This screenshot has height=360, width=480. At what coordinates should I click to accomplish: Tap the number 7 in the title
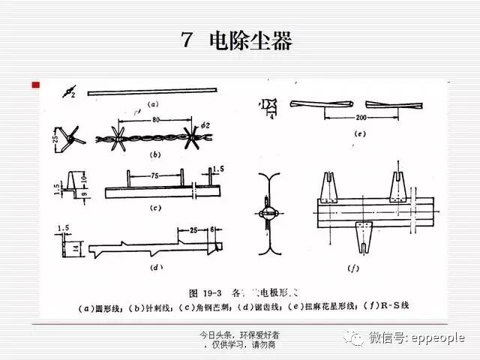tap(187, 40)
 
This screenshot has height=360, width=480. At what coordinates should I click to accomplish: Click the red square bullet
tap(34, 86)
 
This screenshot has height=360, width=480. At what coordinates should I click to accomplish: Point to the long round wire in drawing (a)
tap(161, 92)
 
